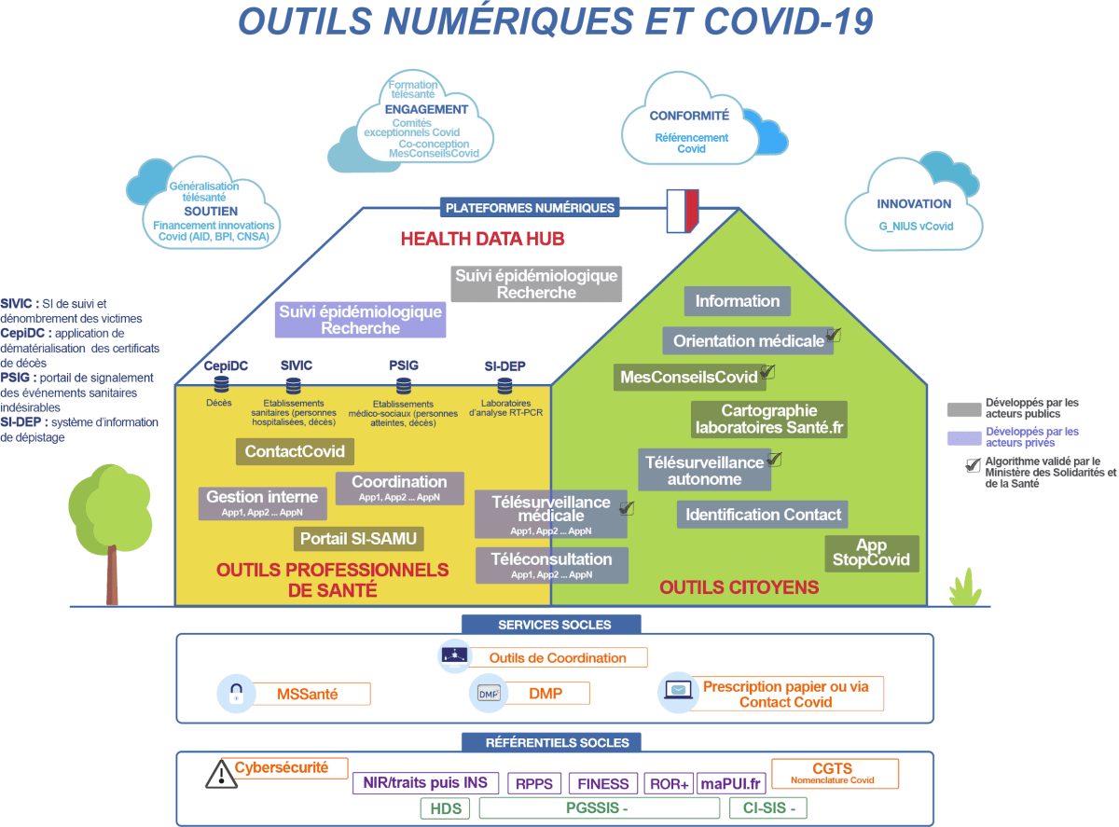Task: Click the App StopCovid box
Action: (872, 554)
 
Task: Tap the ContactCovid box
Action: (295, 452)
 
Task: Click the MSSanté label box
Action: (308, 694)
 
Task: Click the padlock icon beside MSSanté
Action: (236, 694)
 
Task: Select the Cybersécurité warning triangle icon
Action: (221, 772)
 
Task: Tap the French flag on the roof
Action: (683, 211)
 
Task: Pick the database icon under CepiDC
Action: (221, 383)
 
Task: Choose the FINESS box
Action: (603, 783)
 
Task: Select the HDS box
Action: (446, 808)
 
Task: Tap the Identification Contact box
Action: (764, 514)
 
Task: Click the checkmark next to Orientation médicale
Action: (834, 335)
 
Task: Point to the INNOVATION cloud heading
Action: (914, 203)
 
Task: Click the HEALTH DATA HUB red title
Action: (482, 239)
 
